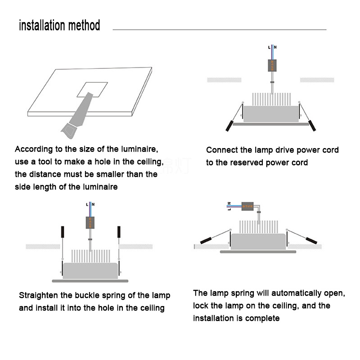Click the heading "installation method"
[x=59, y=25]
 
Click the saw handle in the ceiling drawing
[x=71, y=130]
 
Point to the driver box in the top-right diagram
[x=272, y=66]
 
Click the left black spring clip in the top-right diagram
[x=229, y=126]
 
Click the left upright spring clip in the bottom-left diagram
[x=63, y=232]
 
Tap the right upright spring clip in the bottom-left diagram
[x=119, y=232]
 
